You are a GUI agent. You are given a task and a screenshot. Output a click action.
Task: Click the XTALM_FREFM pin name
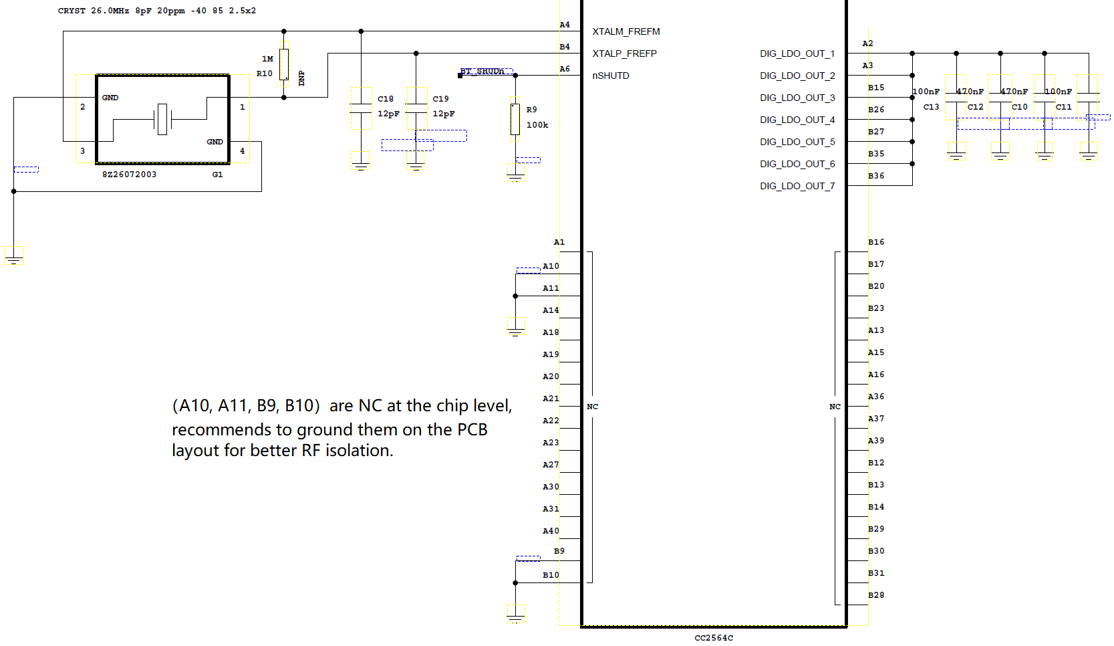[625, 32]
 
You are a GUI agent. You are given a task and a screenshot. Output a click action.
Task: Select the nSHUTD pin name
[611, 76]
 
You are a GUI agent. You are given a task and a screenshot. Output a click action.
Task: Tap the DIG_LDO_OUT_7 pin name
[797, 186]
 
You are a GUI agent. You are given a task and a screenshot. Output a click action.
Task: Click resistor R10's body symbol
[284, 64]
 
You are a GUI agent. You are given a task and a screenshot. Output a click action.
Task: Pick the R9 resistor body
[515, 120]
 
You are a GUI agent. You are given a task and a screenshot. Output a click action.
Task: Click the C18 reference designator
[386, 99]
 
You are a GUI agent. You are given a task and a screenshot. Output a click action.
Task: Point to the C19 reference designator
[440, 99]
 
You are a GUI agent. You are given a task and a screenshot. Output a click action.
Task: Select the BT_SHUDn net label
[482, 71]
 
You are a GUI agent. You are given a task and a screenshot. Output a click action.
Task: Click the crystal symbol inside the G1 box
[162, 120]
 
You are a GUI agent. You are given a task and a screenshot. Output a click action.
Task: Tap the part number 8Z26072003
[129, 175]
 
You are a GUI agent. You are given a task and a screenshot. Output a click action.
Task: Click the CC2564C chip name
[714, 638]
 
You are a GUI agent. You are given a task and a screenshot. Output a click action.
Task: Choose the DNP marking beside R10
[301, 78]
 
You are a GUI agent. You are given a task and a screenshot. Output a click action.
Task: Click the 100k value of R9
[537, 125]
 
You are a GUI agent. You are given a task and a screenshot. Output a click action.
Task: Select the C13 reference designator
[931, 107]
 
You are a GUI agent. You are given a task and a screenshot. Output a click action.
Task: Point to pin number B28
[876, 595]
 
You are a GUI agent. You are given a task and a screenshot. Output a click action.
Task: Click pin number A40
[551, 531]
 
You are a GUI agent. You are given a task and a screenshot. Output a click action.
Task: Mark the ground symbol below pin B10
[516, 615]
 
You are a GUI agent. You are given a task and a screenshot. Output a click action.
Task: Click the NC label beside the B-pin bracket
[835, 407]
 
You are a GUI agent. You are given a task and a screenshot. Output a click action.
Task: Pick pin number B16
[876, 242]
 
